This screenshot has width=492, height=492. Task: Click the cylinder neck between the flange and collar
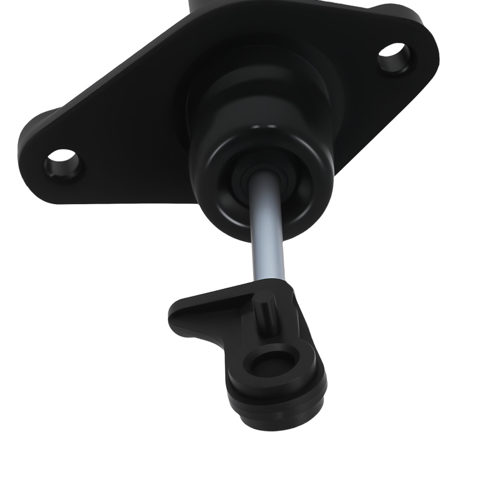tap(266, 98)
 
